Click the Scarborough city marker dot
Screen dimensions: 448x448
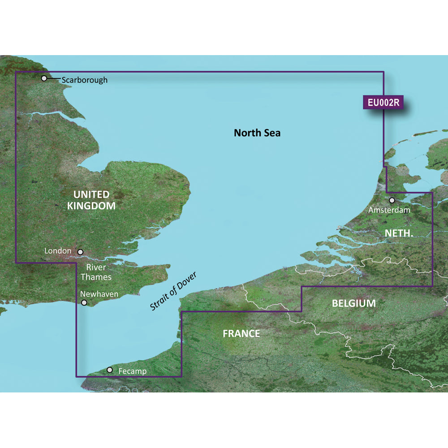44,78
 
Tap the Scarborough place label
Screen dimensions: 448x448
85,80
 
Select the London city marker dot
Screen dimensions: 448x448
81,252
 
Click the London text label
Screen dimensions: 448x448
58,251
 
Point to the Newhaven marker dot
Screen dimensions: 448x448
84,303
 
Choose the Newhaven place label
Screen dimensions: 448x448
99,294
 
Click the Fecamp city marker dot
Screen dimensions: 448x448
110,370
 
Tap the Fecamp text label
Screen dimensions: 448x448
133,371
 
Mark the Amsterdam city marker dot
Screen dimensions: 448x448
392,200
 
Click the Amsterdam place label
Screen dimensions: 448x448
389,209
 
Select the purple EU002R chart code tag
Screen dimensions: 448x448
383,103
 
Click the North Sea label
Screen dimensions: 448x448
257,133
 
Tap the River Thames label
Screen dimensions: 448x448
96,272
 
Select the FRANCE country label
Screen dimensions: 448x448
241,333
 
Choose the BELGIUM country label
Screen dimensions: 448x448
353,303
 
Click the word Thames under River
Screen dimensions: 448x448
96,277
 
